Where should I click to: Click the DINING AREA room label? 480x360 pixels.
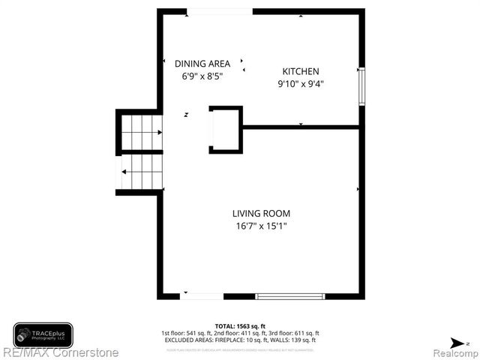pyautogui.click(x=202, y=64)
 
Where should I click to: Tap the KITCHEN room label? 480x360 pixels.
pyautogui.click(x=300, y=72)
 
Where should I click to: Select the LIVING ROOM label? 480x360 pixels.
pyautogui.click(x=260, y=213)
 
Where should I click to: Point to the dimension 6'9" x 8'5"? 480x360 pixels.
pyautogui.click(x=202, y=76)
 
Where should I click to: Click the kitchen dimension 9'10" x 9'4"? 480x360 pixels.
pyautogui.click(x=300, y=84)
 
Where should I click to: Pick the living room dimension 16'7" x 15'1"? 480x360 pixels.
pyautogui.click(x=260, y=225)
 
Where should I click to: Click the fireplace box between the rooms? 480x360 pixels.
pyautogui.click(x=226, y=130)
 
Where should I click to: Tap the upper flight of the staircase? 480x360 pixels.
pyautogui.click(x=141, y=132)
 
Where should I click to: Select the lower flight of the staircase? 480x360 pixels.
pyautogui.click(x=141, y=171)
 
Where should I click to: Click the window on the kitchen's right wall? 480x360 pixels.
pyautogui.click(x=361, y=86)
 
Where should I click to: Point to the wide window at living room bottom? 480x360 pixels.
pyautogui.click(x=290, y=296)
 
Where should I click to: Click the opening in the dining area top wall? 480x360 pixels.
pyautogui.click(x=220, y=11)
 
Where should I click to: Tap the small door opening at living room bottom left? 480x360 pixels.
pyautogui.click(x=202, y=296)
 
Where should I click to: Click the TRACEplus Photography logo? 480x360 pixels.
pyautogui.click(x=43, y=334)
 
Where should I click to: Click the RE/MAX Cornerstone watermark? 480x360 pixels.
pyautogui.click(x=60, y=352)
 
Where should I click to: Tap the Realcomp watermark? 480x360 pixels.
pyautogui.click(x=454, y=352)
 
